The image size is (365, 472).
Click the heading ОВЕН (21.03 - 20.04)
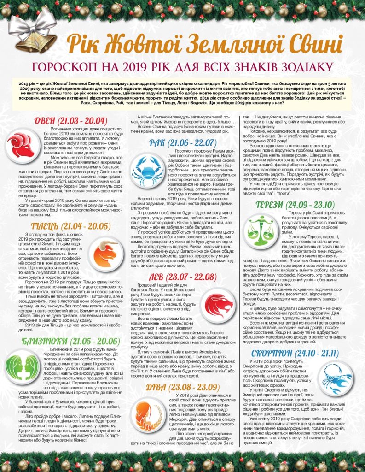click(68, 121)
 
